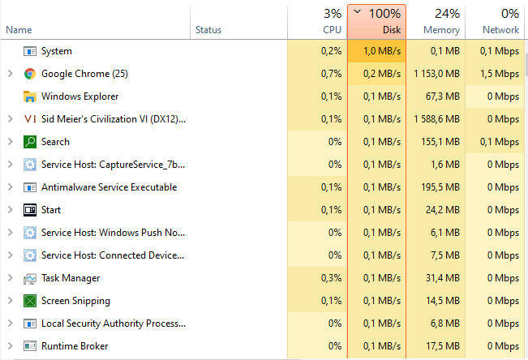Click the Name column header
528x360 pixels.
(19, 30)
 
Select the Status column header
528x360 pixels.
(208, 30)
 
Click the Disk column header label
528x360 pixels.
(392, 30)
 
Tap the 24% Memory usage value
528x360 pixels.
(447, 13)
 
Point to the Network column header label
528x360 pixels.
(500, 30)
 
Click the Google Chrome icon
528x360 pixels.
(30, 74)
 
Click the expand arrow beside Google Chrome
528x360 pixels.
(10, 74)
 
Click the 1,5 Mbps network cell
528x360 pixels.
(500, 74)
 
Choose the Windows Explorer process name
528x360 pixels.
(80, 96)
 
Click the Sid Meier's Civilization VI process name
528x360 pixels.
(114, 119)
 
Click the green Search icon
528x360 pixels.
(30, 142)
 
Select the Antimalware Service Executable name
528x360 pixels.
(109, 187)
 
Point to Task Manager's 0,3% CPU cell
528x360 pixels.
(331, 278)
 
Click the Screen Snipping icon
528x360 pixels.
(30, 301)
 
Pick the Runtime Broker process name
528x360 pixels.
(75, 346)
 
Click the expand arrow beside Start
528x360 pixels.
(10, 210)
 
